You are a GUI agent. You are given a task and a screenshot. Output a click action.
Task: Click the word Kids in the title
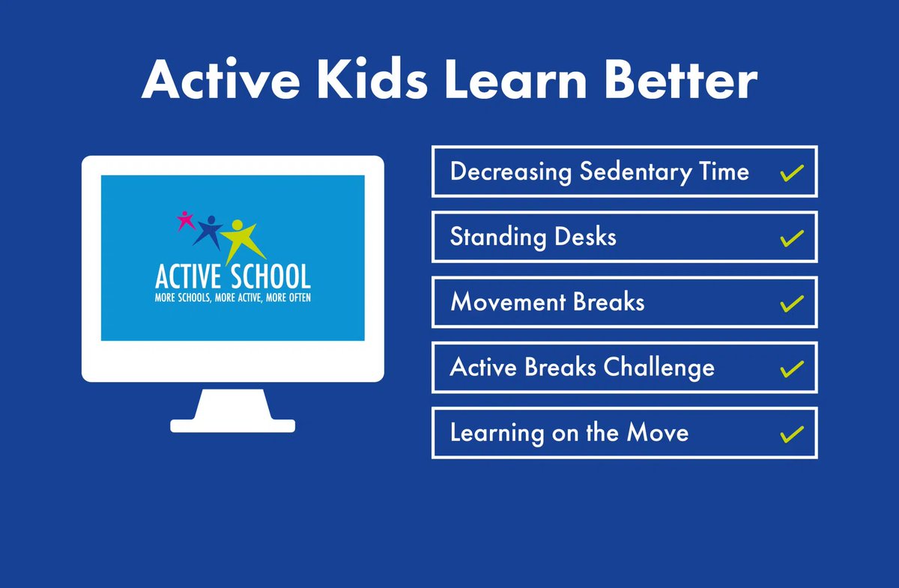[x=372, y=78]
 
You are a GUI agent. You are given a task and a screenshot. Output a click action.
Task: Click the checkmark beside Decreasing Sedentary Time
[x=792, y=173]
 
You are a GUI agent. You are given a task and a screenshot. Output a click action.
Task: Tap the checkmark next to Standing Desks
[x=792, y=238]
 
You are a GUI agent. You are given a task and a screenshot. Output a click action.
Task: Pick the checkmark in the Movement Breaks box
[x=792, y=304]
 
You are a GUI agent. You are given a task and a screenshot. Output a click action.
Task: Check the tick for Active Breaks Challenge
[x=792, y=369]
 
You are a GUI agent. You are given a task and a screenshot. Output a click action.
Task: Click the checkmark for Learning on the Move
[x=792, y=434]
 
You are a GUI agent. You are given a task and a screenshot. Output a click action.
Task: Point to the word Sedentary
[x=636, y=173]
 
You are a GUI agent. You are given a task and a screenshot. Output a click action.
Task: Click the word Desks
[x=585, y=237]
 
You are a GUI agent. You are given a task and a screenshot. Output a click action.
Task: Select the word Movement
[x=507, y=302]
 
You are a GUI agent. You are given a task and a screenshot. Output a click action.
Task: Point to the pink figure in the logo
[x=186, y=220]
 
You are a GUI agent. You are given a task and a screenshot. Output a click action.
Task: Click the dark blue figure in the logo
[x=208, y=232]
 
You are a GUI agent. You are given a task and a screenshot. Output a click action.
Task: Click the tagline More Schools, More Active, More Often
[x=233, y=298]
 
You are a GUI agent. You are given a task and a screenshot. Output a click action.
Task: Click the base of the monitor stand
[x=233, y=426]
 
